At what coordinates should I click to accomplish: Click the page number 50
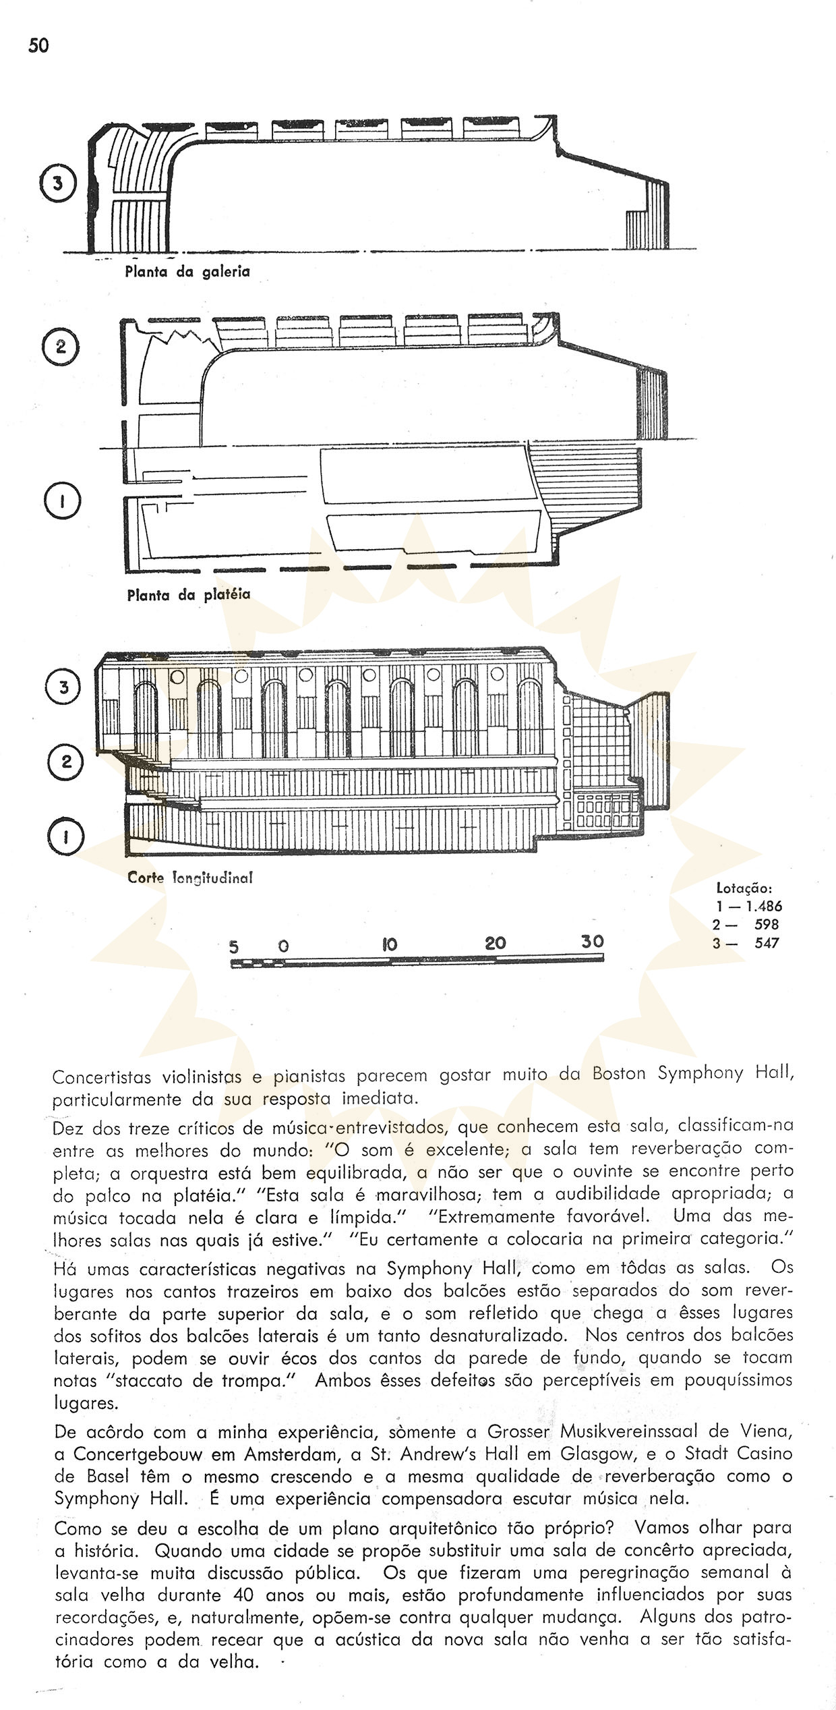(39, 46)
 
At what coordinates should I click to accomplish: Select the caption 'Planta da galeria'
(187, 272)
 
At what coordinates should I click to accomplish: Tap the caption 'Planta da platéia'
(188, 595)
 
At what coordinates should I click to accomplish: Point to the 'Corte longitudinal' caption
(189, 878)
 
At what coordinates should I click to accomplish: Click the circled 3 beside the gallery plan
(58, 184)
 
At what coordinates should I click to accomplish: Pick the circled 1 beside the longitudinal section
(65, 837)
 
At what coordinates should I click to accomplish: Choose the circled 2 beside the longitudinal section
(65, 762)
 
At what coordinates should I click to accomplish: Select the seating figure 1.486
(759, 907)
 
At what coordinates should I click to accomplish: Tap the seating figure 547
(767, 943)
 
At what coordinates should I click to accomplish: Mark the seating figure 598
(767, 925)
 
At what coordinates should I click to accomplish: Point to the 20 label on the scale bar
(496, 944)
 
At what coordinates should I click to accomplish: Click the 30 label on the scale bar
(593, 942)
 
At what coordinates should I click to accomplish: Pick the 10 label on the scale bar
(390, 944)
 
